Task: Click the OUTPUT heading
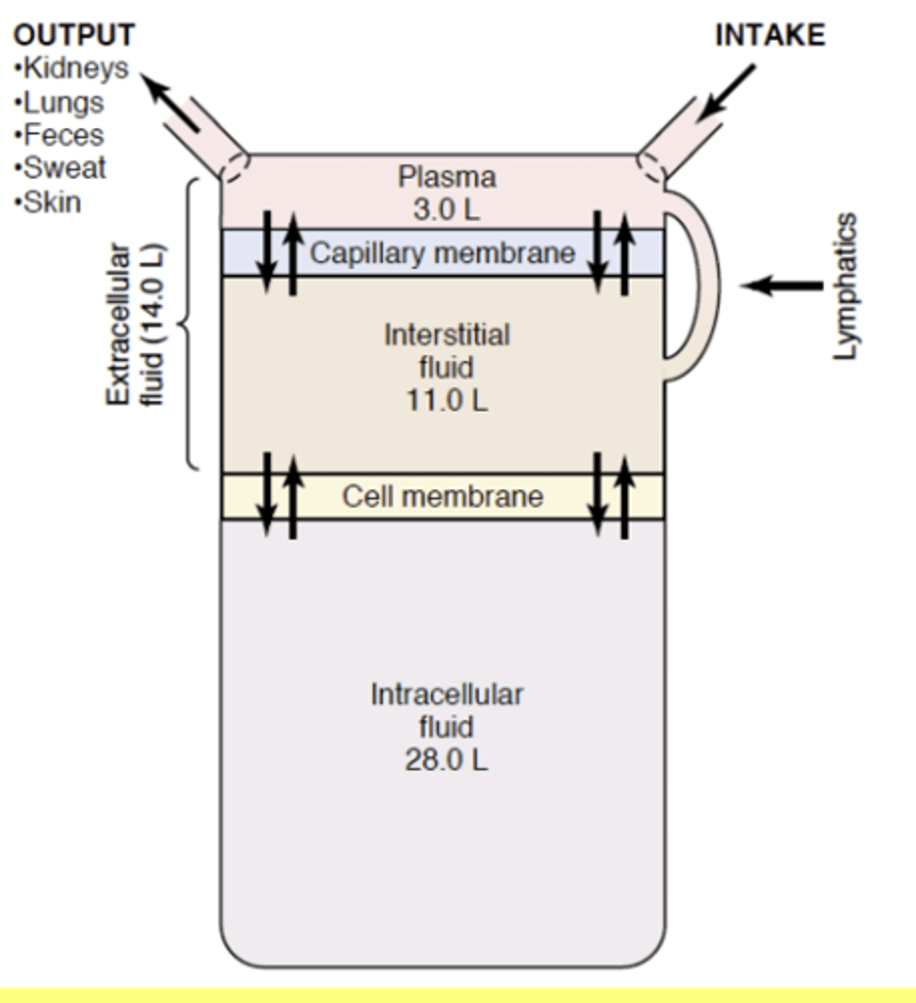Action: click(x=74, y=35)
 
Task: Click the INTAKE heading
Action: click(x=770, y=35)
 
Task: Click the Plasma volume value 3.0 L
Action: click(x=446, y=209)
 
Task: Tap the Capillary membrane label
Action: click(x=442, y=252)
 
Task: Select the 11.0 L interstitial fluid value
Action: click(x=446, y=400)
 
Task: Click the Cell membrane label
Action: click(x=442, y=496)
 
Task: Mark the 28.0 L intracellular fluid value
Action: click(x=446, y=760)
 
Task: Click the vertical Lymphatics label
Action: click(x=846, y=287)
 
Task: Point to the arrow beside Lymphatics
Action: click(x=781, y=286)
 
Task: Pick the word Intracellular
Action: click(x=446, y=695)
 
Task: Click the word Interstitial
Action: click(x=446, y=335)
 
